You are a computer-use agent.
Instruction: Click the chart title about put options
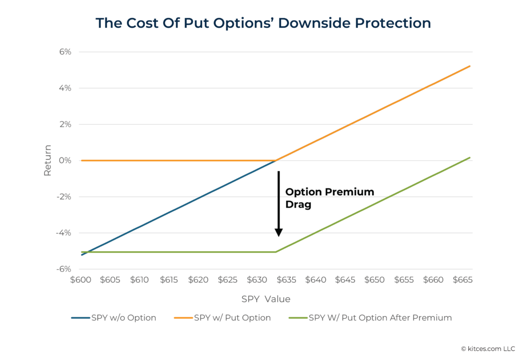point(263,23)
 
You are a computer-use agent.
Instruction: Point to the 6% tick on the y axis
point(64,52)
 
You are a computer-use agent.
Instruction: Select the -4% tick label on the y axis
point(63,233)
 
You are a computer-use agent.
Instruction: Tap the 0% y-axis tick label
point(64,161)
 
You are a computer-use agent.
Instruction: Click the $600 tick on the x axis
point(81,280)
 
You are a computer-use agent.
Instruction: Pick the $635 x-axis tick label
point(286,280)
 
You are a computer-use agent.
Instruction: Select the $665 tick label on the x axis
point(462,280)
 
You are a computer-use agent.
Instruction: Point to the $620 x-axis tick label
point(198,280)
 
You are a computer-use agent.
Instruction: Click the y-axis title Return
point(47,160)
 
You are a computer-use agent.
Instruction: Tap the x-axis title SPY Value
point(266,299)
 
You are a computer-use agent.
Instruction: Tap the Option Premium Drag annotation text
point(329,198)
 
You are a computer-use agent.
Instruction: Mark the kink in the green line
point(276,252)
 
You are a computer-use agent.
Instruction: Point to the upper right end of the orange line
point(469,66)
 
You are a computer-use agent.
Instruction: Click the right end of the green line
point(469,158)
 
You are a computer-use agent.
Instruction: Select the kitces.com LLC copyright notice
point(487,349)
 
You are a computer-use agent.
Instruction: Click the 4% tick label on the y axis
point(64,88)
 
